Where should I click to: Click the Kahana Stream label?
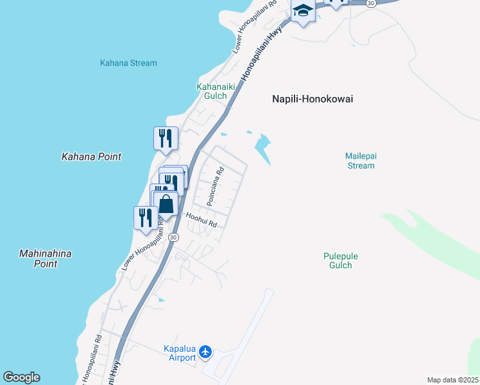coord(128,63)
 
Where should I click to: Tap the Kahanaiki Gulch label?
coord(211,91)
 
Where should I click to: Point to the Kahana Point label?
coord(91,157)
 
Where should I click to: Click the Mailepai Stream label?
coord(359,160)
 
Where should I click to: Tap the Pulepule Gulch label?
coord(340,261)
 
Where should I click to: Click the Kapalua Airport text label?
coord(179,353)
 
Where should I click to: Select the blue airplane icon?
coord(205,352)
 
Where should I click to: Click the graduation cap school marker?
coord(302,11)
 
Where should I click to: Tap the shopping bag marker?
coord(166,205)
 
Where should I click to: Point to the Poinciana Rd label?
coord(214,187)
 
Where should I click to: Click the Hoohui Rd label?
coord(201,221)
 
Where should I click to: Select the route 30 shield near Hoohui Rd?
coord(173,237)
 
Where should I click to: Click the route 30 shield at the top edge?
coord(371,3)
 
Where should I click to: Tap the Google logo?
coord(21,377)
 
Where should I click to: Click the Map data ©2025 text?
coord(453,380)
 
